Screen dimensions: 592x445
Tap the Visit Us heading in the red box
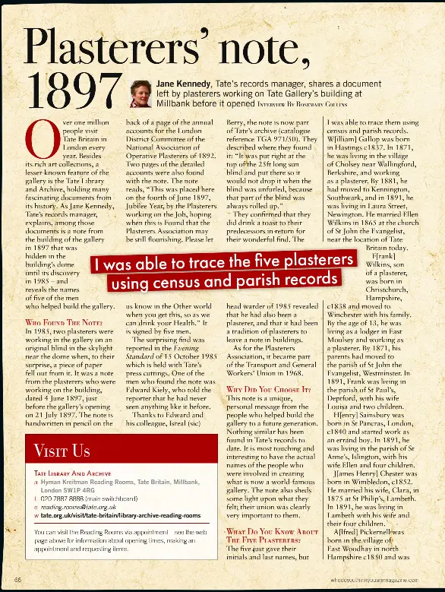(62, 451)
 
